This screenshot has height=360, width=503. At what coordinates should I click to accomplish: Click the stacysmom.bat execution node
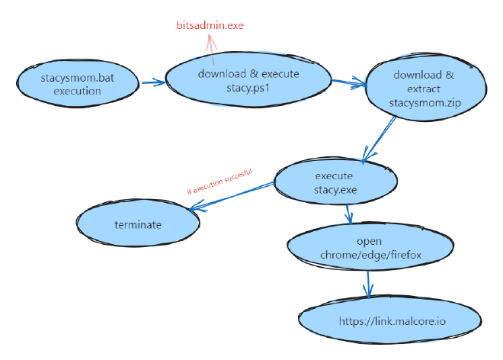[x=77, y=84]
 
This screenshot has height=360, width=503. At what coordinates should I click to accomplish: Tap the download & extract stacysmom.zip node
[x=424, y=88]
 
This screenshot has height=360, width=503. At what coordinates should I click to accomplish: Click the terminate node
[x=138, y=224]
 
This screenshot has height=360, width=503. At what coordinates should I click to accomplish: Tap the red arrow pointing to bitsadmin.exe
[x=211, y=49]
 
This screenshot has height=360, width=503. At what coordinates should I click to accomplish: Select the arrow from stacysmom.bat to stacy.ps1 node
[x=152, y=82]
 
